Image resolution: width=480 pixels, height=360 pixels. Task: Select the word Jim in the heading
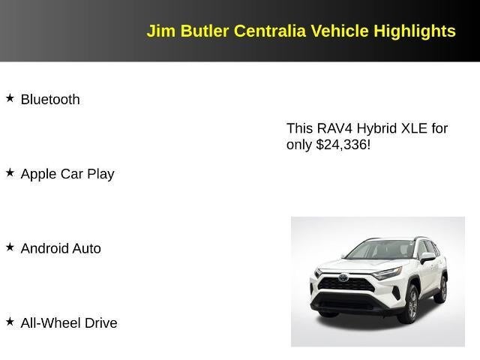(159, 31)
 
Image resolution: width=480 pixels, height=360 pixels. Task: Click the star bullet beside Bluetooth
(10, 98)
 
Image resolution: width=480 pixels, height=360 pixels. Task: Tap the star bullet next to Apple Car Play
(10, 172)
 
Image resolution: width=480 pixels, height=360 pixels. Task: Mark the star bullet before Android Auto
(10, 247)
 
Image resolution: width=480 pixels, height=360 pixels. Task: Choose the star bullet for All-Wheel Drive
(10, 322)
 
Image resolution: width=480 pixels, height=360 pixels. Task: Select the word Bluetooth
(50, 100)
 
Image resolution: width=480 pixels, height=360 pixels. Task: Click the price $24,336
(343, 145)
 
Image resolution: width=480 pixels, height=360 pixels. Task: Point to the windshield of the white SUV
(379, 250)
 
